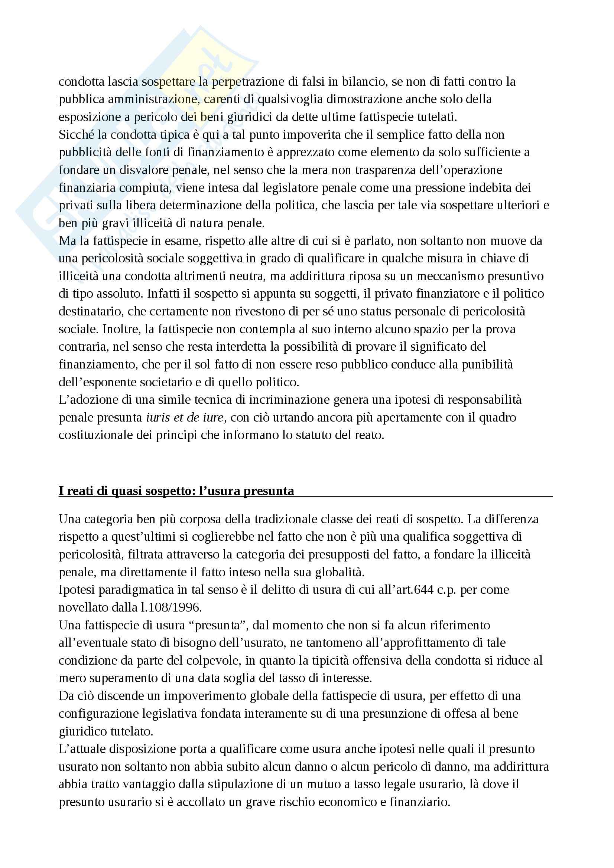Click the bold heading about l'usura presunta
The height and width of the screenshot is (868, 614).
176,491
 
